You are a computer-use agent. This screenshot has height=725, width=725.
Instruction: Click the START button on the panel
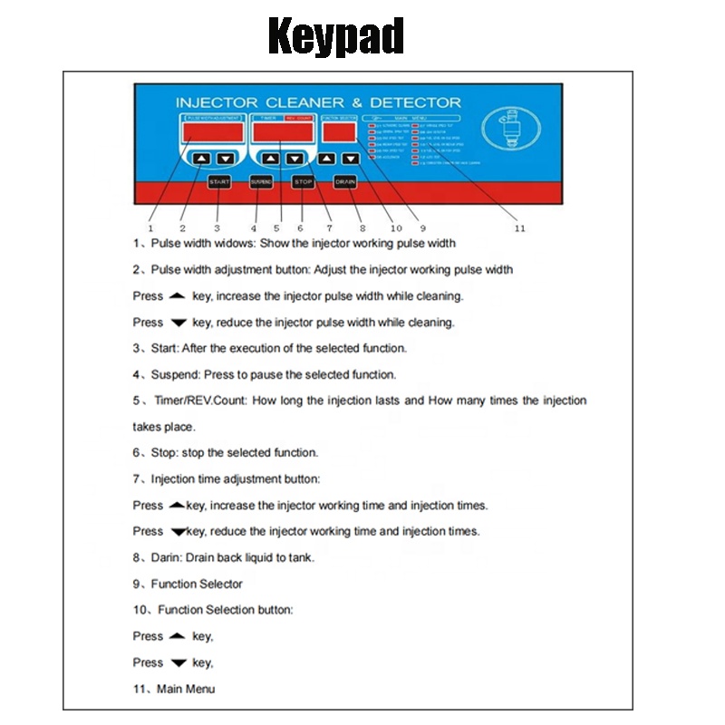219,181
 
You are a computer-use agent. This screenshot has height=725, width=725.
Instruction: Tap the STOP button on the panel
304,181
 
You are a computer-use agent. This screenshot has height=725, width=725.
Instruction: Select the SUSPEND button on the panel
261,181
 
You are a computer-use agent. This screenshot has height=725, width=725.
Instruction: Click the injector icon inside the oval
506,130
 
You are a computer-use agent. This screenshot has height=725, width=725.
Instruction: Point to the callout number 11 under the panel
519,228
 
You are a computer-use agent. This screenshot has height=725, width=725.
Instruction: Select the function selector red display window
338,133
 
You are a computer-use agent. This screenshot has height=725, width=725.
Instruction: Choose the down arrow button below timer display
294,159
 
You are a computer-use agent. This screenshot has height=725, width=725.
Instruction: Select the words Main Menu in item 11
186,689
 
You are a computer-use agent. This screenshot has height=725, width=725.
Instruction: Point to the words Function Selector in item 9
197,584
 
